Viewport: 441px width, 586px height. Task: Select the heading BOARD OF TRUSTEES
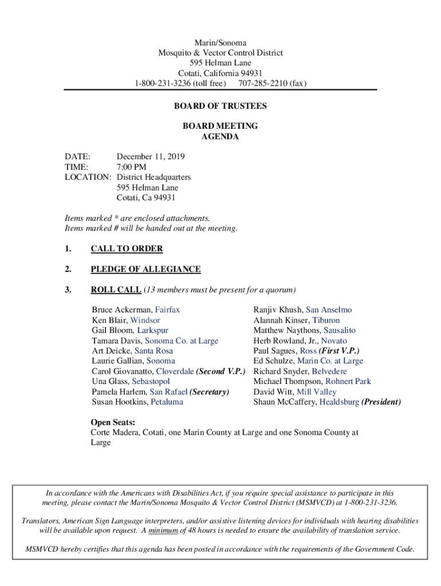[220, 106]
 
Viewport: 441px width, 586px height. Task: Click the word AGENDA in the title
[220, 137]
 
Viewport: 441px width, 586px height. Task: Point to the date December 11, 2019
[151, 157]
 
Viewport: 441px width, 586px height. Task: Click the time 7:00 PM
[131, 167]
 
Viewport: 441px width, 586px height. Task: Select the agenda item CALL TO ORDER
[127, 249]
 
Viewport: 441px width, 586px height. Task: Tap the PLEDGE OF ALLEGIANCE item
[145, 270]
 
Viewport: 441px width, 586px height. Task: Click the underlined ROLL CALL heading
[116, 290]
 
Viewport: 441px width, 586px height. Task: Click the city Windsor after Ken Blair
[145, 320]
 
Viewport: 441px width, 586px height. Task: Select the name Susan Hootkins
[119, 402]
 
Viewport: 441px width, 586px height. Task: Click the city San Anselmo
[329, 310]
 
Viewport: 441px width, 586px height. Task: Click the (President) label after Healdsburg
[381, 402]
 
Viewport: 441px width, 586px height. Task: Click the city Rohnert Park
[348, 382]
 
